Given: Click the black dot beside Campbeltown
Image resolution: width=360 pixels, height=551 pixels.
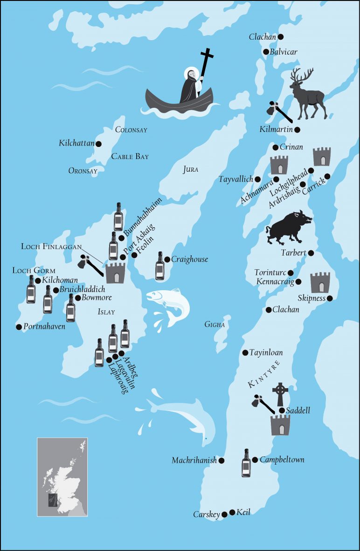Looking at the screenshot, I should coord(255,460).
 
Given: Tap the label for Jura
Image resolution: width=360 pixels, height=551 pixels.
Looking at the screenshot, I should coord(190,170).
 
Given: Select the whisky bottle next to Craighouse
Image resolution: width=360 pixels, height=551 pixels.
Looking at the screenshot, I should coord(160,266).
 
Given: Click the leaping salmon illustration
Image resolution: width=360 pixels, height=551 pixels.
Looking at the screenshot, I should coord(168,305).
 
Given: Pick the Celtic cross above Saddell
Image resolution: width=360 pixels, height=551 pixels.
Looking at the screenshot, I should coord(280,394).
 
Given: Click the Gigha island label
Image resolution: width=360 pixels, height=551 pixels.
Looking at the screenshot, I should coord(215,324).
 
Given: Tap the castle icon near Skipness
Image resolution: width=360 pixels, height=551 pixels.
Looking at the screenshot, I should coord(320,282).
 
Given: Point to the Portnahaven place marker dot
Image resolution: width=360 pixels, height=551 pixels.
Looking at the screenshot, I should coord(19,327).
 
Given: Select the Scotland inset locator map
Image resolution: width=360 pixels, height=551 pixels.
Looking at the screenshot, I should coord(62,476).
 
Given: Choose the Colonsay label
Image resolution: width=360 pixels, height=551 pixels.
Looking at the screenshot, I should coord(131,130).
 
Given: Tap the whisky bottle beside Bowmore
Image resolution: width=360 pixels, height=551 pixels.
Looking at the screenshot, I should coord(70,308).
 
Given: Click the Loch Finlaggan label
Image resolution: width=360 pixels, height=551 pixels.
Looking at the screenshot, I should coord(51,246).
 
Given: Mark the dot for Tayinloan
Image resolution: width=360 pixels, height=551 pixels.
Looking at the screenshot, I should coord(245,353).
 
